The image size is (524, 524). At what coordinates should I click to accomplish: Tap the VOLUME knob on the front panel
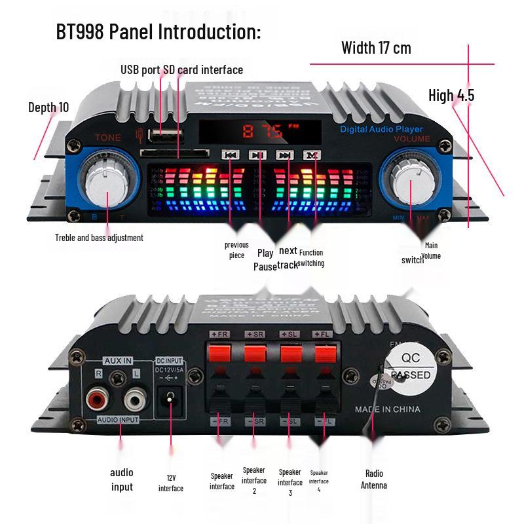pyautogui.click(x=411, y=183)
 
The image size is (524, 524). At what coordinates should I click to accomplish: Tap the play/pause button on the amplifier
pyautogui.click(x=257, y=155)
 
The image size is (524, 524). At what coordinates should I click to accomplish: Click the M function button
pyautogui.click(x=312, y=155)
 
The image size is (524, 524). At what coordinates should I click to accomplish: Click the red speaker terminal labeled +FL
pyautogui.click(x=324, y=354)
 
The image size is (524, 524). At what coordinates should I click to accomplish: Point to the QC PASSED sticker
pyautogui.click(x=410, y=367)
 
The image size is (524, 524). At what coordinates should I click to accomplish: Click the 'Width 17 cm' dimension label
pyautogui.click(x=376, y=48)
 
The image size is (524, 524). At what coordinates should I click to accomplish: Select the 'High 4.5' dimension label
pyautogui.click(x=451, y=96)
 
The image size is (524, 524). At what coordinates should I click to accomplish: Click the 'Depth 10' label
pyautogui.click(x=48, y=107)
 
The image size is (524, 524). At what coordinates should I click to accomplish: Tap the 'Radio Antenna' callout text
pyautogui.click(x=374, y=479)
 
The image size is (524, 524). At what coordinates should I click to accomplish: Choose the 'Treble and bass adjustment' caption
pyautogui.click(x=99, y=238)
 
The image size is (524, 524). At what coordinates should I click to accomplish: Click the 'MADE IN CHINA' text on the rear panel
pyautogui.click(x=388, y=409)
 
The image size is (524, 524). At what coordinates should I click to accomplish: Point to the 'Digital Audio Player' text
pyautogui.click(x=381, y=130)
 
